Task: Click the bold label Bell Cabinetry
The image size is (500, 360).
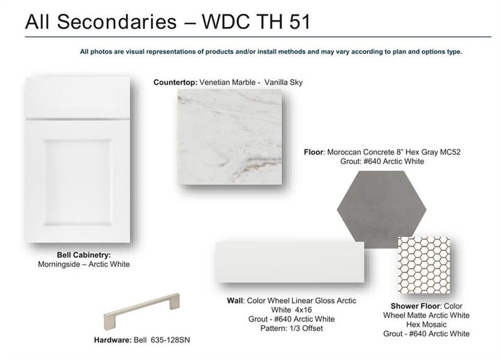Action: [83, 255]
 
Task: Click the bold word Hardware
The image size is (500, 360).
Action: [112, 340]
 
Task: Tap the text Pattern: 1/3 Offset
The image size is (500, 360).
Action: [291, 328]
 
